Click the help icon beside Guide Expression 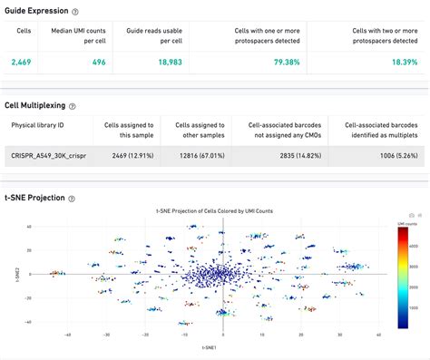[x=74, y=12]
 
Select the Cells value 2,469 [x=23, y=62]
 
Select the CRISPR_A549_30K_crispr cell [x=47, y=155]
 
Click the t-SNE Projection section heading [x=34, y=198]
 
